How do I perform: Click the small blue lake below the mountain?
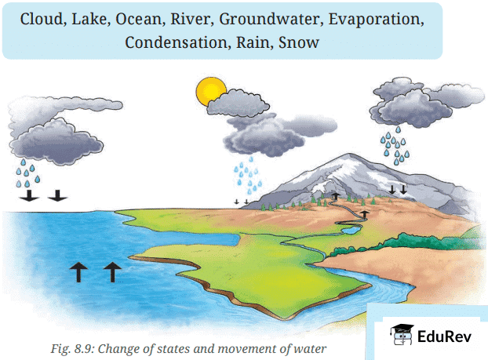coord(351,230)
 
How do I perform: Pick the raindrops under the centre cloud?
coord(246,177)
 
